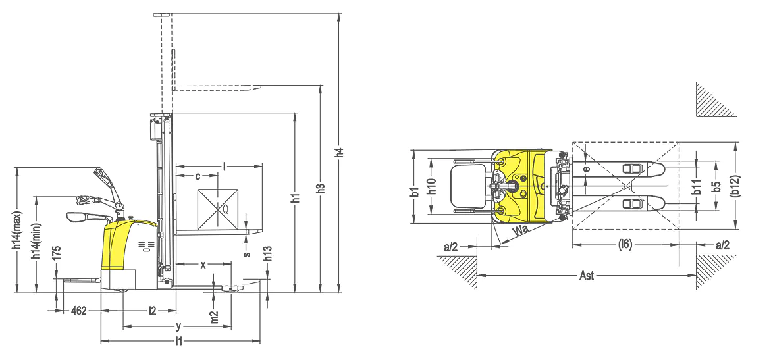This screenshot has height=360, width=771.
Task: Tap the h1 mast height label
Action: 295,197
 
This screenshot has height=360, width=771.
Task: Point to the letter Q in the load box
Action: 226,209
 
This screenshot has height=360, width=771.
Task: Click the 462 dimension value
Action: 79,311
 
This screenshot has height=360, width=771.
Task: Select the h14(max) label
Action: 18,230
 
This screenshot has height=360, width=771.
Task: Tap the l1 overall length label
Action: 179,342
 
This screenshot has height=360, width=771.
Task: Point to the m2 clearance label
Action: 215,317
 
